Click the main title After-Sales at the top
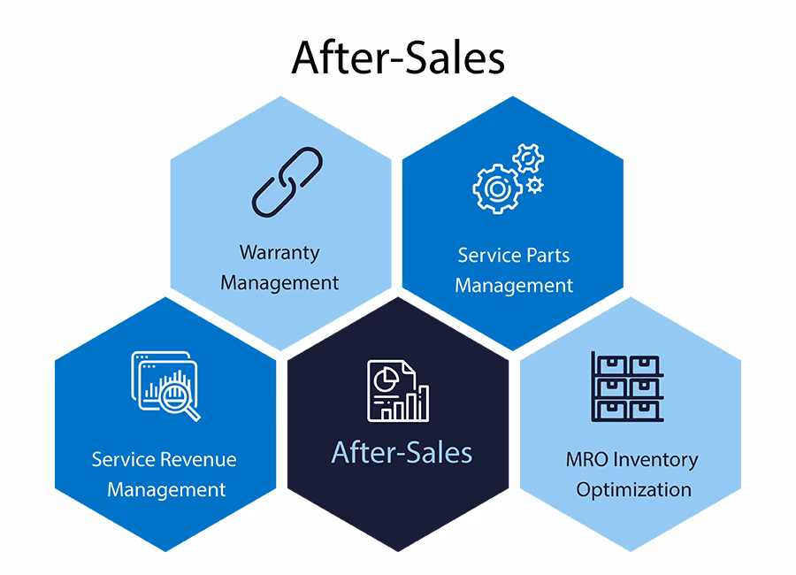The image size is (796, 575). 398,57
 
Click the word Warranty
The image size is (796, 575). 279,252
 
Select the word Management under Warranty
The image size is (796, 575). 279,283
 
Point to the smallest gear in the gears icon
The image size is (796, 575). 534,185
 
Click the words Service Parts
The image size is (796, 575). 514,255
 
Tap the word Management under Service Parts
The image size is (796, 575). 514,286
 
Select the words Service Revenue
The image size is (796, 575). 165,459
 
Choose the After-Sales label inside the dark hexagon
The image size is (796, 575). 402,453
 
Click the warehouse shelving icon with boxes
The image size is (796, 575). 627,387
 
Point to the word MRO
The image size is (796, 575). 587,460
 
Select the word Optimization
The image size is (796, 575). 633,489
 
